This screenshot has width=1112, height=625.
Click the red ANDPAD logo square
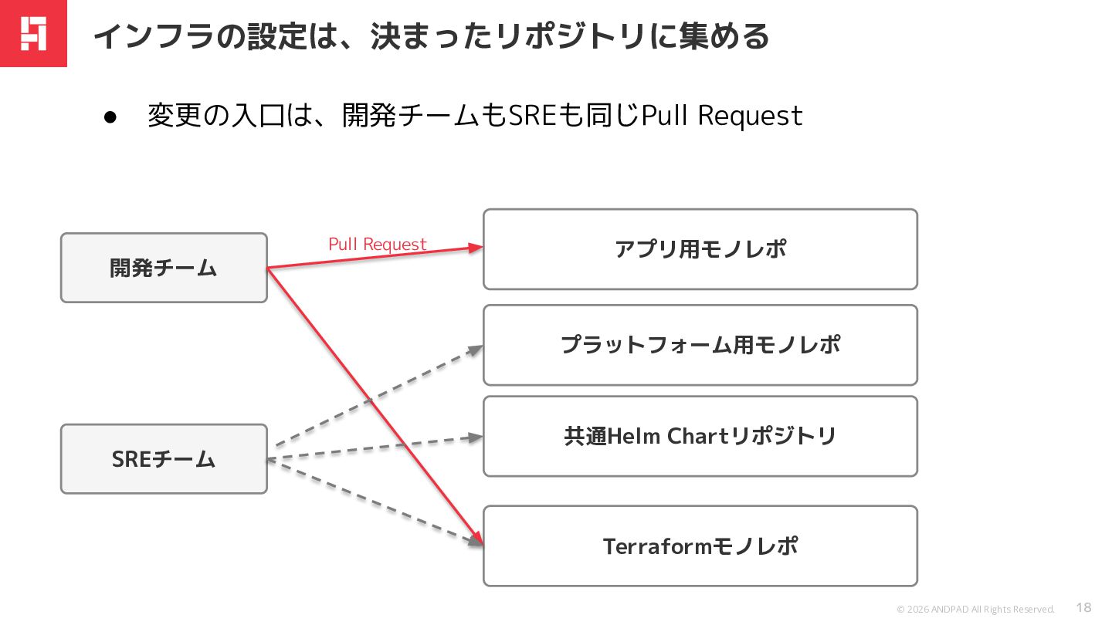point(33,33)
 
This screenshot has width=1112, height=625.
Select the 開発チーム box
point(164,268)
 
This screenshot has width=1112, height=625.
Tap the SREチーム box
point(164,459)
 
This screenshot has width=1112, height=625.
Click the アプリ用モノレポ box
point(700,249)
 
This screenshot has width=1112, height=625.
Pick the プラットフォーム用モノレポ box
point(700,345)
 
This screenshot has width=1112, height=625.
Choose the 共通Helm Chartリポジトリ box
point(700,437)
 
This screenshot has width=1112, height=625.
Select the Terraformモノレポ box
point(700,546)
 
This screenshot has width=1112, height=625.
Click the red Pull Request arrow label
point(378,245)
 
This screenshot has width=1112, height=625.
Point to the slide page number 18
point(1083,608)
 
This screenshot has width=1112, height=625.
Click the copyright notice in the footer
point(975,609)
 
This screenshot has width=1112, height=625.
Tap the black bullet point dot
point(110,117)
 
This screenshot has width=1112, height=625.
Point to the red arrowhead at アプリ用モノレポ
point(475,247)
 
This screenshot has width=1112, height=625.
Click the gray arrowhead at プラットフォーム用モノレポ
point(475,350)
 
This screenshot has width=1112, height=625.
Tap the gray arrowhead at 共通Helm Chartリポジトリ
point(475,437)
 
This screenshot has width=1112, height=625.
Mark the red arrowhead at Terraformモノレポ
point(477,539)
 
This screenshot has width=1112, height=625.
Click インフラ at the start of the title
point(154,37)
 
